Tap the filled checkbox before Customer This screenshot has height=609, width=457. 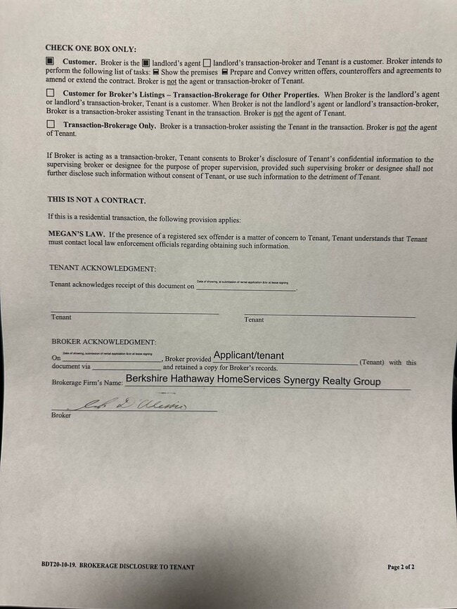[x=50, y=61]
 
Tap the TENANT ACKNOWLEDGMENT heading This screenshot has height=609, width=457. [x=103, y=268]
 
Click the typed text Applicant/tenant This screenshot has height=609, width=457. [x=248, y=355]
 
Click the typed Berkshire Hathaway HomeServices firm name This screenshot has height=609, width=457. [x=253, y=381]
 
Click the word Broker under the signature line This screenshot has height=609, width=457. [x=61, y=415]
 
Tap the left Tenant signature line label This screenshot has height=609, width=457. [x=61, y=317]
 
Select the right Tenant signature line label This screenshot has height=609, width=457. [x=254, y=320]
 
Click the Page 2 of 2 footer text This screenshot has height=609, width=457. [x=401, y=566]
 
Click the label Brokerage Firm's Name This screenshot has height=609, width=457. [x=86, y=383]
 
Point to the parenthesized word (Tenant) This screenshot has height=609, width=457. [x=372, y=362]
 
